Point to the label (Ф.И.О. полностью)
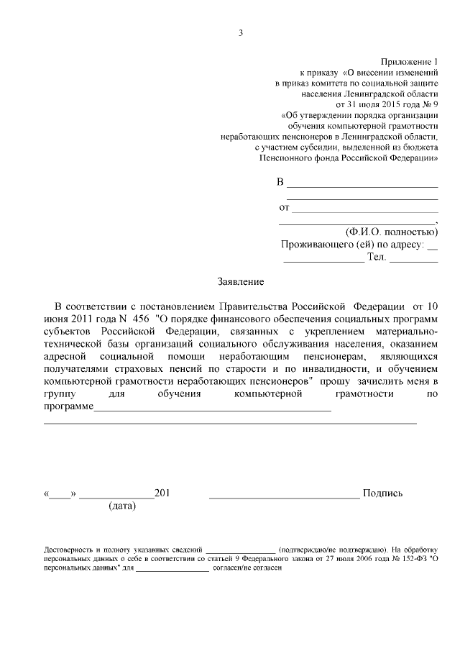[x=391, y=232]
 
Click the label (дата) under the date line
[x=121, y=506]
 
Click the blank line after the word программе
[x=212, y=409]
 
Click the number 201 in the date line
[x=162, y=493]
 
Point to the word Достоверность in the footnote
[x=69, y=547]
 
